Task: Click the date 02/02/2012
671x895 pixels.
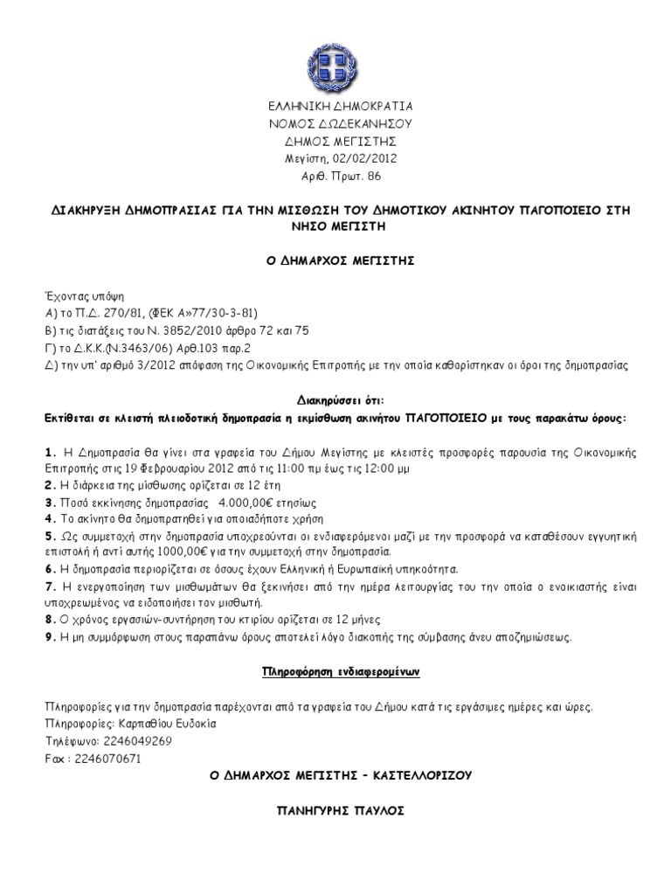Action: click(356, 158)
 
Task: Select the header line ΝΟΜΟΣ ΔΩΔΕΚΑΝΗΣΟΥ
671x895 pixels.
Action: click(335, 123)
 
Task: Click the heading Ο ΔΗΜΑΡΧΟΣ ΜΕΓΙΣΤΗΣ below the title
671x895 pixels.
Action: click(335, 261)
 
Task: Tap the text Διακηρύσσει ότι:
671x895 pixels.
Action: click(335, 399)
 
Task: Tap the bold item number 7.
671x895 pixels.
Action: click(49, 586)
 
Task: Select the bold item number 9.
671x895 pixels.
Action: click(49, 636)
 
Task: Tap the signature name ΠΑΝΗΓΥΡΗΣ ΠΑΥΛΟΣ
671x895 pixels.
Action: click(335, 810)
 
